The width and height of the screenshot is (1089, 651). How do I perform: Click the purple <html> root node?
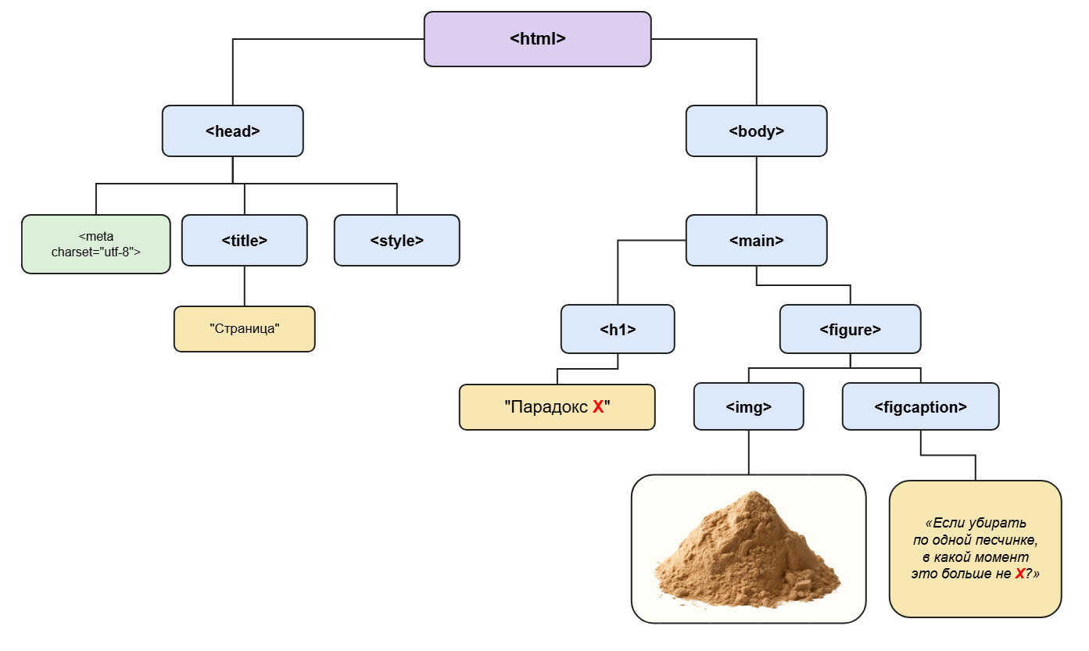pyautogui.click(x=537, y=39)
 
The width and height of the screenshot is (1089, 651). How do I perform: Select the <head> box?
pyautogui.click(x=232, y=131)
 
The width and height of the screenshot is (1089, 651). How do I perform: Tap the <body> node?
pyautogui.click(x=757, y=131)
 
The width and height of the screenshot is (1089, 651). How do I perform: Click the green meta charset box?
pyautogui.click(x=96, y=244)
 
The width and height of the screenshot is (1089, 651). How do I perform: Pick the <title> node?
pyautogui.click(x=244, y=240)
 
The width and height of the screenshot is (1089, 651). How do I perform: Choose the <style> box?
pyautogui.click(x=396, y=240)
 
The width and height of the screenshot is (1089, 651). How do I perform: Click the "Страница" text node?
pyautogui.click(x=244, y=329)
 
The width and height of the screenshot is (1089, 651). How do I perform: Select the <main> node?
pyautogui.click(x=757, y=240)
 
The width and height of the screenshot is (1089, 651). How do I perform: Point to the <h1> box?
pyautogui.click(x=618, y=329)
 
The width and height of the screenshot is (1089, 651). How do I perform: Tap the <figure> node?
pyautogui.click(x=850, y=329)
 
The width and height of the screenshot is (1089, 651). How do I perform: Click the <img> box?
pyautogui.click(x=748, y=406)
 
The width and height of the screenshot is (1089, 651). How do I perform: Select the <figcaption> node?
pyautogui.click(x=920, y=406)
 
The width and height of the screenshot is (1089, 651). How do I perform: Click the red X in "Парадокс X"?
pyautogui.click(x=598, y=407)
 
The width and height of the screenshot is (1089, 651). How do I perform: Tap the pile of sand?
pyautogui.click(x=747, y=549)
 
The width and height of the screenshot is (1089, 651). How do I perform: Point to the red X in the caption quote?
pyautogui.click(x=1020, y=574)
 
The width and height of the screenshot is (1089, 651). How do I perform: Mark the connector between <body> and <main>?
pyautogui.click(x=757, y=186)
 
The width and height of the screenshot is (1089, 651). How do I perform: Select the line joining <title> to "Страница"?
pyautogui.click(x=244, y=286)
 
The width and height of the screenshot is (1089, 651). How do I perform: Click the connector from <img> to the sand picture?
pyautogui.click(x=748, y=452)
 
